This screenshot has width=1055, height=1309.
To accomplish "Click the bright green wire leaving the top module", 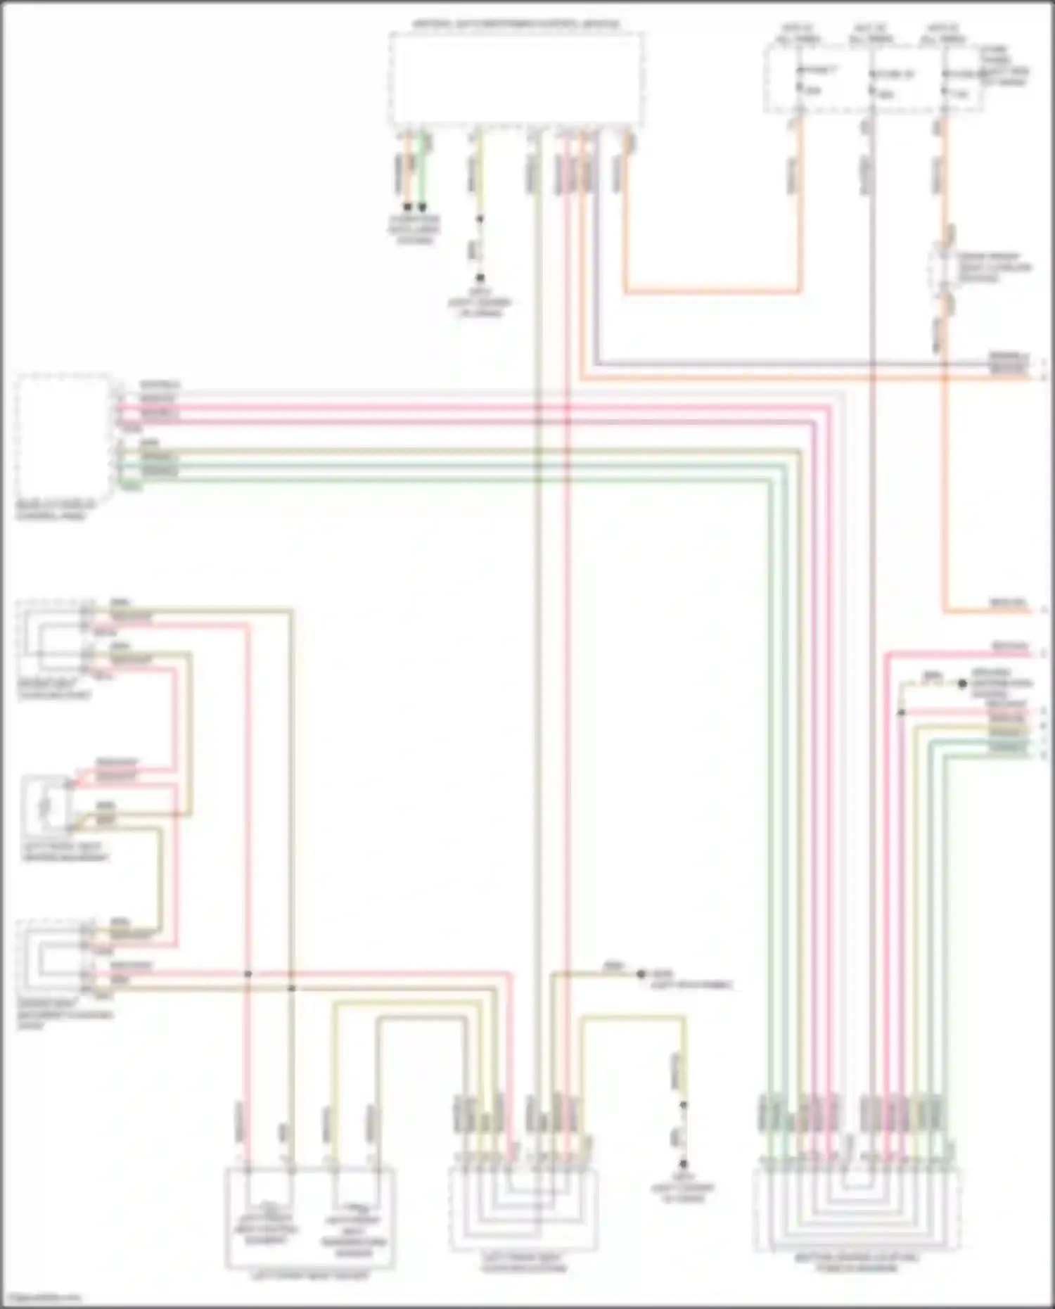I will pyautogui.click(x=423, y=169).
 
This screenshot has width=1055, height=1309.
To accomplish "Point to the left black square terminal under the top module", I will pyautogui.click(x=407, y=207).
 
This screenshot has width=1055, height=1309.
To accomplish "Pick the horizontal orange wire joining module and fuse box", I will pyautogui.click(x=710, y=290).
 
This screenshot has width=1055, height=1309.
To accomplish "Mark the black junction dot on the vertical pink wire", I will pyautogui.click(x=248, y=974).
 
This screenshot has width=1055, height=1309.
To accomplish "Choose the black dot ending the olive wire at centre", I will pyautogui.click(x=641, y=974).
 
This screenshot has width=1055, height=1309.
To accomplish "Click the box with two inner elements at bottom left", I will pyautogui.click(x=309, y=1218).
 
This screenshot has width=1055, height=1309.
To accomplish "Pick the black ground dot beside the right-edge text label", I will pyautogui.click(x=962, y=683).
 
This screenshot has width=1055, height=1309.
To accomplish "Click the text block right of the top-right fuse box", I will pyautogui.click(x=1006, y=66).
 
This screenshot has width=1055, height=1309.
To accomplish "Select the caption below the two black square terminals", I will pyautogui.click(x=415, y=229).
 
